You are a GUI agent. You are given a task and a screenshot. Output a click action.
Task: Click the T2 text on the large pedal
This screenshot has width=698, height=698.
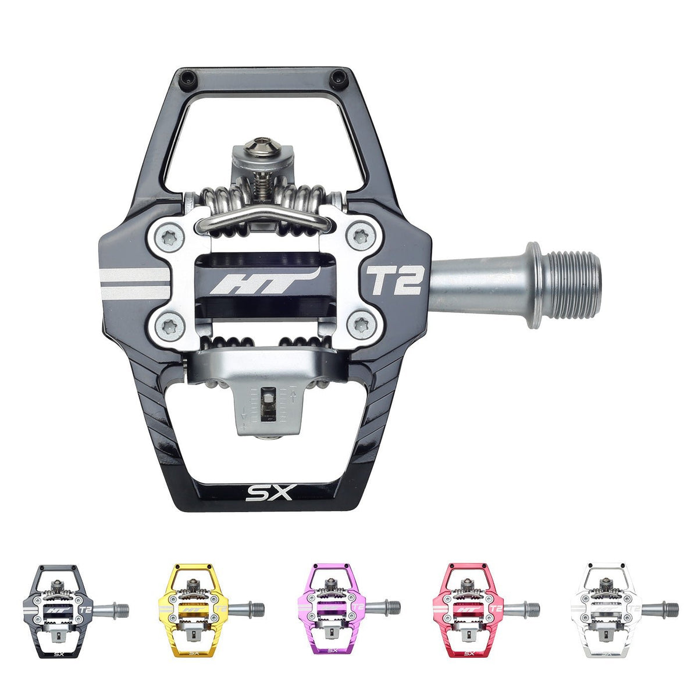(393, 282)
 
